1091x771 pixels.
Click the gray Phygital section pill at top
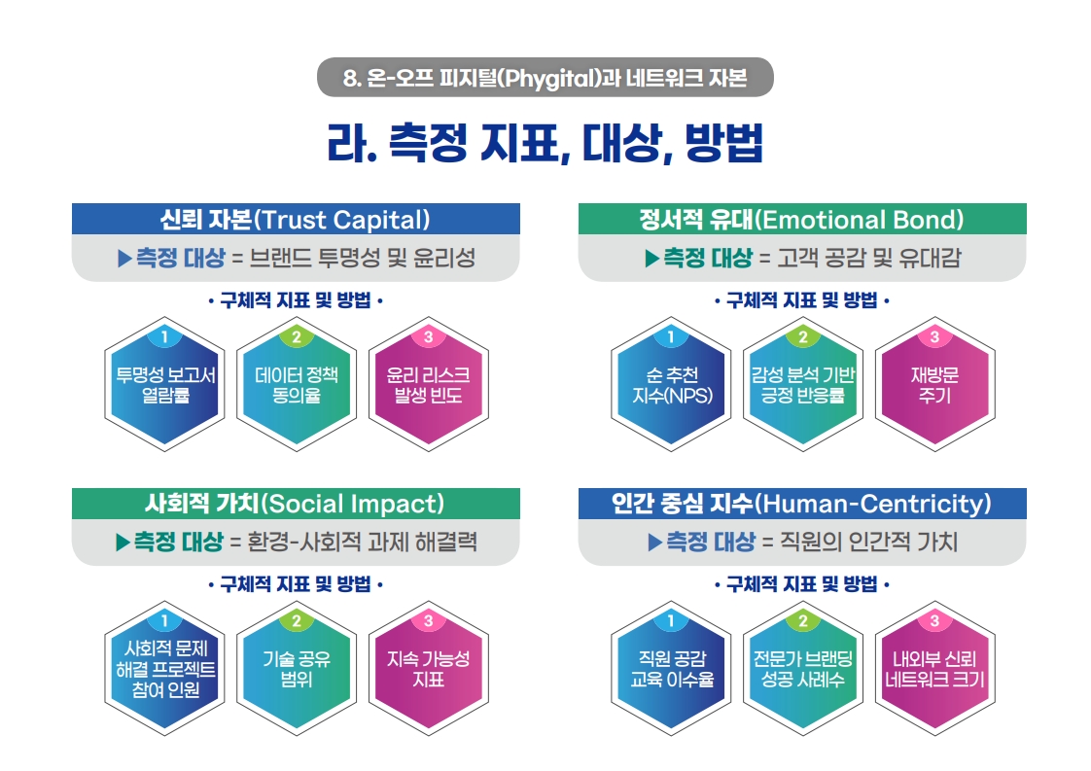point(545,77)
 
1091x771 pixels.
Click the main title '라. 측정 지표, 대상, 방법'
point(545,143)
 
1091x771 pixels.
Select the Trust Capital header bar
point(296,219)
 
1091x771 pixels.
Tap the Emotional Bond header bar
point(802,219)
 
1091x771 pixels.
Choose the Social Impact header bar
point(296,504)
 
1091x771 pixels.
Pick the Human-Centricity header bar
point(802,504)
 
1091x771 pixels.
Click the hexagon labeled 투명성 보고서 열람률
point(165,385)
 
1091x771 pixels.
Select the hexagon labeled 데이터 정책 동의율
point(297,385)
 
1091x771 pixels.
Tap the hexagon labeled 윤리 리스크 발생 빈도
point(428,385)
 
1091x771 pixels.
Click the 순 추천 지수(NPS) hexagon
point(672,385)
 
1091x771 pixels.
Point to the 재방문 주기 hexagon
point(934,385)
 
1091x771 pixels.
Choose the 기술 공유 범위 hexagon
point(297,669)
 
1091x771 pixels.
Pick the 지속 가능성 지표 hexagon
point(428,669)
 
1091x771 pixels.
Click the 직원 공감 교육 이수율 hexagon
point(672,669)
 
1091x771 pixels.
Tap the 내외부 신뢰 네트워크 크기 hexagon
point(934,669)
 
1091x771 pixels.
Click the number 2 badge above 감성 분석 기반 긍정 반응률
point(803,336)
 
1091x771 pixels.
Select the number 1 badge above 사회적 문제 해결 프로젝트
point(165,620)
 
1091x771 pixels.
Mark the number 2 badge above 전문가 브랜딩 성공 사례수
point(803,620)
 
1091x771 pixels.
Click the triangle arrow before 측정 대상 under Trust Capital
point(124,259)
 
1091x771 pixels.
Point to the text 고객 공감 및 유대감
point(868,259)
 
